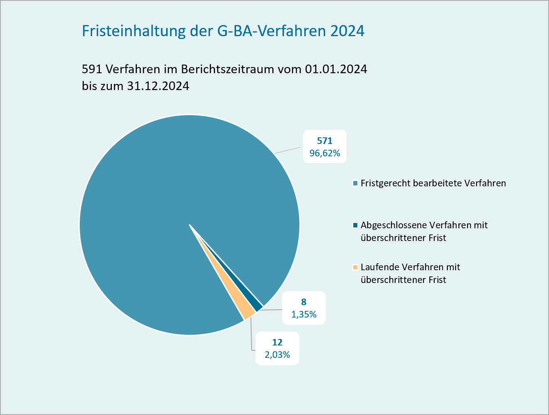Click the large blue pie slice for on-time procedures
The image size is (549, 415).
[x=164, y=206]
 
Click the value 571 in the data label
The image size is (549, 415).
[x=324, y=141]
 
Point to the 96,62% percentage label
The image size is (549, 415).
[x=324, y=153]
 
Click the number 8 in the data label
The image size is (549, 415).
[x=303, y=302]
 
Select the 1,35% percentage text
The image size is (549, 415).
[x=303, y=315]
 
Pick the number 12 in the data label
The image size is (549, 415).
[x=277, y=342]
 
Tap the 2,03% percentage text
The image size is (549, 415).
[x=277, y=355]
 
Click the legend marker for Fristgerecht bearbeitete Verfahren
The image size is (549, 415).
[x=355, y=183]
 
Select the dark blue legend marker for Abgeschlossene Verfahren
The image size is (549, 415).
[x=355, y=225]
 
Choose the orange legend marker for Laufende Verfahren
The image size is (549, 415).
[x=355, y=267]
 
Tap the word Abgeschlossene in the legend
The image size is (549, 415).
[x=394, y=225]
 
